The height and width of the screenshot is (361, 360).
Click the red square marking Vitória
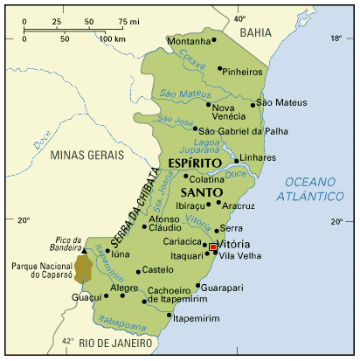(212, 247)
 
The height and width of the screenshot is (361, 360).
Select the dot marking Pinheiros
(219, 68)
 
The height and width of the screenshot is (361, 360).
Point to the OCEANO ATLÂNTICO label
(312, 190)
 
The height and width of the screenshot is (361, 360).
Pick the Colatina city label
(207, 179)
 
